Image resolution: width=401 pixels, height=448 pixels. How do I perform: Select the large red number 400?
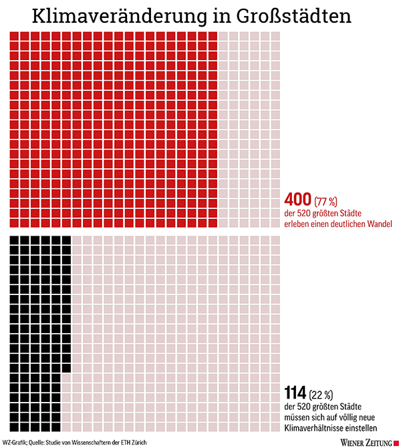tap(298, 199)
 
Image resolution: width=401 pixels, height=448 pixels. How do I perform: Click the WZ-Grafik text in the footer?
tap(15, 442)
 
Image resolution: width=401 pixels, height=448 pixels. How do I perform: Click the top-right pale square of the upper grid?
tap(275, 36)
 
